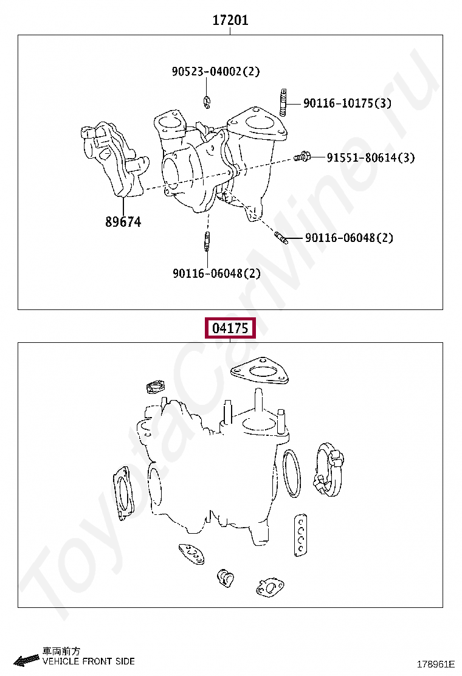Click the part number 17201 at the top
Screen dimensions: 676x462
coord(230,20)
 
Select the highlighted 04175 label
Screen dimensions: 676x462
coord(230,328)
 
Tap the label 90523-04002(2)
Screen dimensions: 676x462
coord(216,72)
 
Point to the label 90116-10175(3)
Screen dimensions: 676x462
coord(347,103)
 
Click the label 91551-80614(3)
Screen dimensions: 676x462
coord(371,158)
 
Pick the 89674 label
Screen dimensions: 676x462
coord(123,222)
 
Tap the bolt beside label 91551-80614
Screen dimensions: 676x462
coord(302,157)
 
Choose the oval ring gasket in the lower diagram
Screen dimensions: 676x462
coord(292,474)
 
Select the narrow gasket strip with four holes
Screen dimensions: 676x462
coord(300,534)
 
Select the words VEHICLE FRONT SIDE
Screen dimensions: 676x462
coord(89,661)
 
